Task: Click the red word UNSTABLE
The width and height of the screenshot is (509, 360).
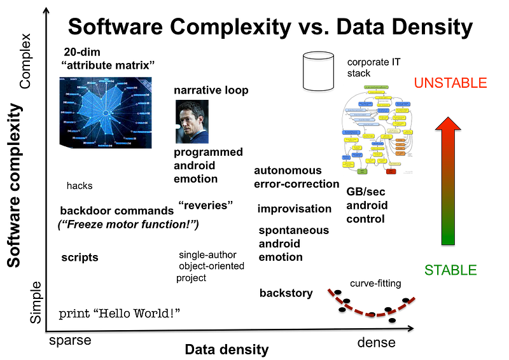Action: tap(450, 82)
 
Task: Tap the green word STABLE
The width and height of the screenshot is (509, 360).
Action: tap(450, 270)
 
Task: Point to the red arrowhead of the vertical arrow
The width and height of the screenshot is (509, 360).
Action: tap(448, 125)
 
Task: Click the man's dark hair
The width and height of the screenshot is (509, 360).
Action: tap(190, 106)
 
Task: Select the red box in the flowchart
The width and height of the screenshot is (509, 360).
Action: tap(391, 171)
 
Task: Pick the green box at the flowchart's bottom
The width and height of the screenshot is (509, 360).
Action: tap(362, 171)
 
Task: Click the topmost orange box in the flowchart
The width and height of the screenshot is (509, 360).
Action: tap(400, 139)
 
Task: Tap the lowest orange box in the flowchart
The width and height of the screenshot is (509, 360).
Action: tap(400, 153)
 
